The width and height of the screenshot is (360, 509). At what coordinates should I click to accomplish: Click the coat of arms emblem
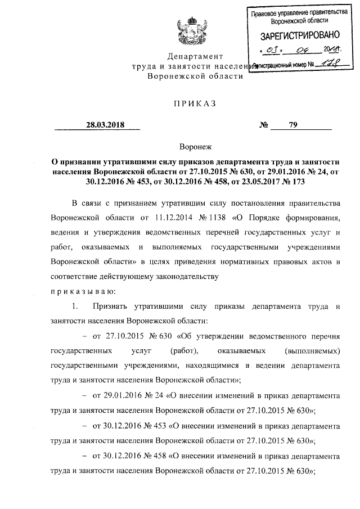point(186,32)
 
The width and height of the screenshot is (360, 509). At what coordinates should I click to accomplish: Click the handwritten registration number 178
point(322,65)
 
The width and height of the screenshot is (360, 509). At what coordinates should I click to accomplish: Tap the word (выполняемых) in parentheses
point(313,352)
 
